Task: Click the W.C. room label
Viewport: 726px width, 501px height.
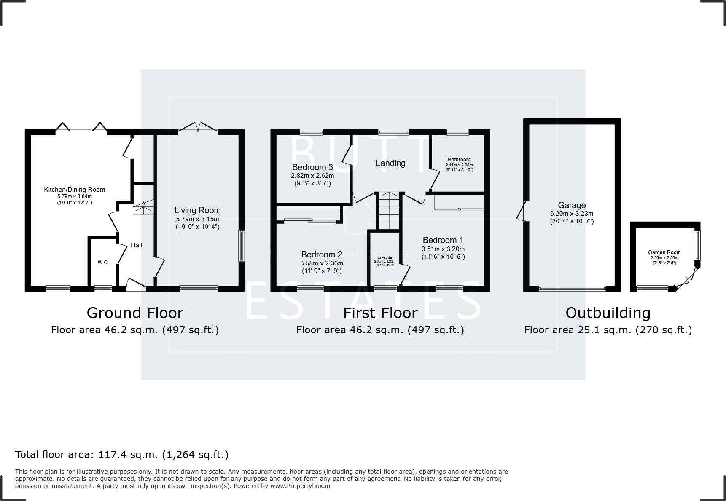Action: tap(103, 263)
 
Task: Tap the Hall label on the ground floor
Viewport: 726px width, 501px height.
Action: tap(136, 245)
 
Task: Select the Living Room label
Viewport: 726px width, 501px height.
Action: tap(197, 210)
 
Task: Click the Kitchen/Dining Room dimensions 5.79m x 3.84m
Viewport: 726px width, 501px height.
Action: tap(75, 196)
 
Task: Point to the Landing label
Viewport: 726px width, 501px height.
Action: tap(390, 163)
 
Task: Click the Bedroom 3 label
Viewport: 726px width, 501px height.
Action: tap(312, 167)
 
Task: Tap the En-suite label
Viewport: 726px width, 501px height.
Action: tap(384, 257)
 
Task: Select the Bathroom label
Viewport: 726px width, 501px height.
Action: tap(459, 160)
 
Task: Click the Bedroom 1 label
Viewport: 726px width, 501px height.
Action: tap(443, 240)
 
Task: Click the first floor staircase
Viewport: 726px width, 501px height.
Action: tap(389, 211)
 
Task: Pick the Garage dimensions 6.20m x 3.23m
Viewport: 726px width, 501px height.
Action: tap(572, 214)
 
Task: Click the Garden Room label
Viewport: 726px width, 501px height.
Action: tap(664, 252)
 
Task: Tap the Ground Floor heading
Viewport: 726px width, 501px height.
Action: tap(134, 313)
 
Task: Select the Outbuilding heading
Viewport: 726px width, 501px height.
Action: tap(608, 313)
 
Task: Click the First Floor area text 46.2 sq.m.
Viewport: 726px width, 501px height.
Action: tap(380, 330)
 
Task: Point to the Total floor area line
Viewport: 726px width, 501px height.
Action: tap(122, 455)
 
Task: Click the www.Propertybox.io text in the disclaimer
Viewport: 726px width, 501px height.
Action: tap(300, 486)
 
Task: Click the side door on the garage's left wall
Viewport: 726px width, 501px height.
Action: tap(522, 211)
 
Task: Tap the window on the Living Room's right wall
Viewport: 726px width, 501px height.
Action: tap(242, 246)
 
